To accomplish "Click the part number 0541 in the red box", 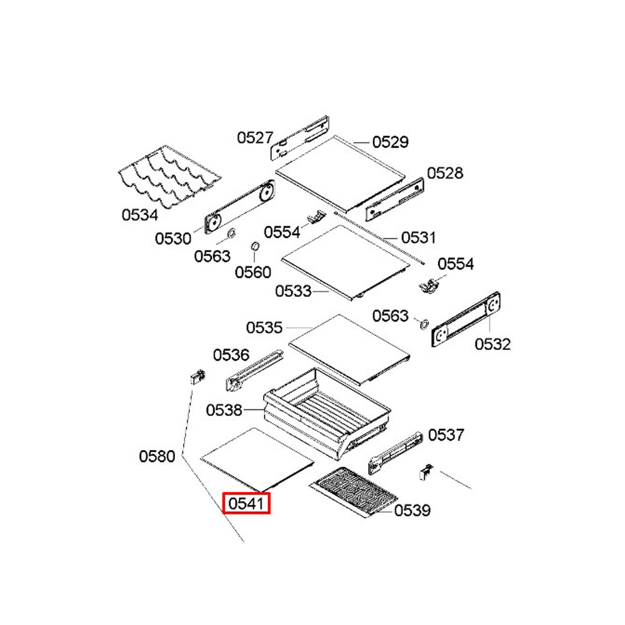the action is tap(246, 503).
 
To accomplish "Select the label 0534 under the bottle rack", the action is tap(140, 215).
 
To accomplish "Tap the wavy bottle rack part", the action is tap(170, 176).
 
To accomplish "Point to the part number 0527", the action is tap(255, 138).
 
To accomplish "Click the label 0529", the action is tap(390, 142).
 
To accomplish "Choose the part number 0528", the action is tap(445, 173).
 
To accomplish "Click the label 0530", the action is tap(173, 239).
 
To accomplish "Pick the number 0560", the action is tap(252, 272).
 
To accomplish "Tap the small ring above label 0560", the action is tap(255, 246).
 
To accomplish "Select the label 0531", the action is tap(419, 237).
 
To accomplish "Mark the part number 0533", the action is tap(293, 291).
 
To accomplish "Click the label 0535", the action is tap(264, 327).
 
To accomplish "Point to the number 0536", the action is tap(231, 355).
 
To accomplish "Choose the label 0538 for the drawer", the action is tap(224, 410).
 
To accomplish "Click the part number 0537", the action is tap(446, 435).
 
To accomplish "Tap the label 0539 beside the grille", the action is tap(412, 510).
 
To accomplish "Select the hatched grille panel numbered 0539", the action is tap(354, 491).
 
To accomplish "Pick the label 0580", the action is tap(157, 456).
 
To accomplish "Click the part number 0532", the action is tap(492, 344).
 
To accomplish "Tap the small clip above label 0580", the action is tap(197, 376).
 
